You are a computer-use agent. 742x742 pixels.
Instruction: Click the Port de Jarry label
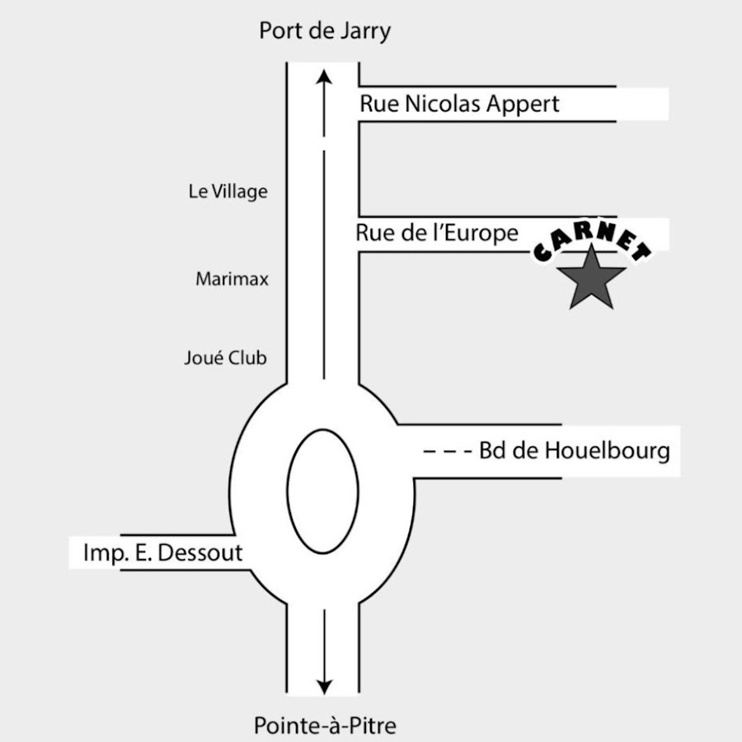tap(325, 31)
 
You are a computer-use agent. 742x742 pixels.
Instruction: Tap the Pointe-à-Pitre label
tap(325, 725)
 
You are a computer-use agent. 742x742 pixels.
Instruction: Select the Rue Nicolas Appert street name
tap(459, 104)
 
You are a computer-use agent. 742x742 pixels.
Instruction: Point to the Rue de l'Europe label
tap(437, 233)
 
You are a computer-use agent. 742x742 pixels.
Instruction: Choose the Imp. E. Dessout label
tap(162, 552)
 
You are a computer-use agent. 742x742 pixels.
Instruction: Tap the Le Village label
tap(228, 191)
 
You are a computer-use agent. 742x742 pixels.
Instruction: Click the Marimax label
tap(232, 279)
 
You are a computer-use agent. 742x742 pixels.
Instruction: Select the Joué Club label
tap(225, 358)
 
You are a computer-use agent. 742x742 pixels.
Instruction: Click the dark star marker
tap(591, 279)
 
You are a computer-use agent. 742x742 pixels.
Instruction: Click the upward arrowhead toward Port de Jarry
tap(324, 77)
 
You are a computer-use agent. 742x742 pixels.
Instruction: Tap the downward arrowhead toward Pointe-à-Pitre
tap(324, 688)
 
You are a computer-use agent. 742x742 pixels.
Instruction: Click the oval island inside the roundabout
tap(322, 491)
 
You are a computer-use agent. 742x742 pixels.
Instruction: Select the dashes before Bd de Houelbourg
tap(448, 451)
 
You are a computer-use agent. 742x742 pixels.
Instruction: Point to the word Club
tap(247, 358)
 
